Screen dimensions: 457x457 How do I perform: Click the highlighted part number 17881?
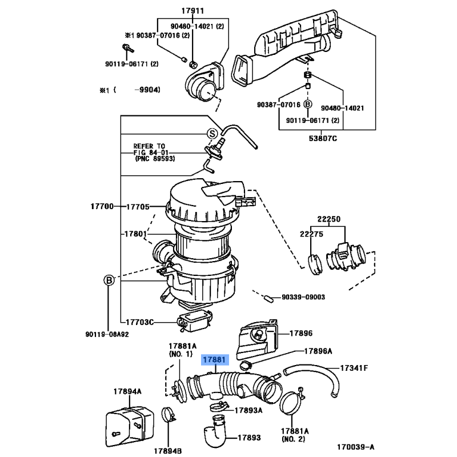pos(214,360)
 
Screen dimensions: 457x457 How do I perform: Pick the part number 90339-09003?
pos(303,297)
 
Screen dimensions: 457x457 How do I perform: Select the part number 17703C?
pos(140,322)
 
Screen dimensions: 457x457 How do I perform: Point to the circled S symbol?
pos(211,134)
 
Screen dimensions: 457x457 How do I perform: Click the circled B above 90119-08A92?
pos(108,280)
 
